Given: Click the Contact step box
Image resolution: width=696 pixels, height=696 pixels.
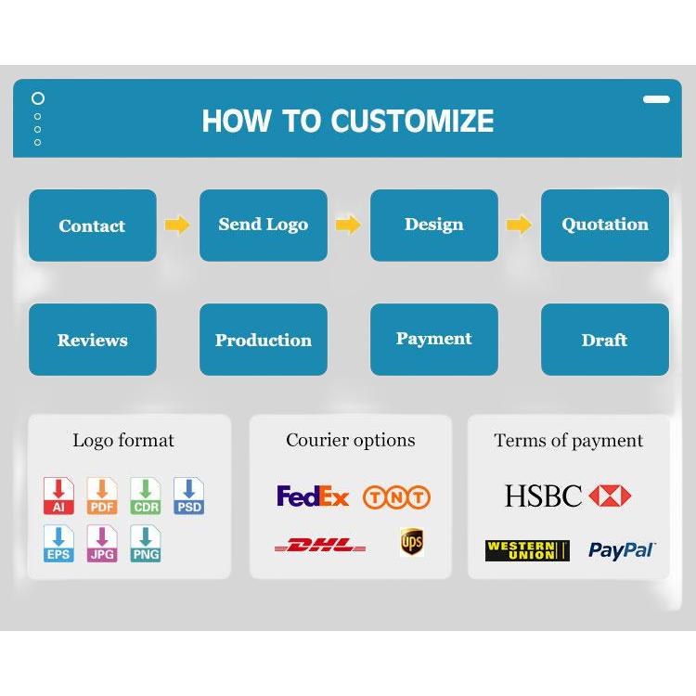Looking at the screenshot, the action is tap(93, 226).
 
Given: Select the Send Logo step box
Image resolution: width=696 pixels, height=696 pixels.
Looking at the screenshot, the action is tap(264, 226).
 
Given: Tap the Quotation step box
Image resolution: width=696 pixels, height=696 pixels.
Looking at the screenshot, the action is tap(605, 226).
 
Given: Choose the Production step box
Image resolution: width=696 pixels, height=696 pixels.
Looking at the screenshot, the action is tap(264, 340).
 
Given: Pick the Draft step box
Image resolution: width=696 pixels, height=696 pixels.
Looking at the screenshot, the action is tap(605, 340).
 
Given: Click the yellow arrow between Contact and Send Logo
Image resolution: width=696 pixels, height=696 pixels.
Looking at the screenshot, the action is tap(177, 226).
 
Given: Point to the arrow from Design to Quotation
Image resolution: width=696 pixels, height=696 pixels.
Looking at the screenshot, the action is tap(519, 226).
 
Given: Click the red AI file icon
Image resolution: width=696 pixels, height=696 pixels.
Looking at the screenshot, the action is tap(58, 496).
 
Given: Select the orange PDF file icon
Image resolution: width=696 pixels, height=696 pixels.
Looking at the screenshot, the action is tap(102, 496).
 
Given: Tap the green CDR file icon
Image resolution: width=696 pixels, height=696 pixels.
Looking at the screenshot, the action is tap(146, 496).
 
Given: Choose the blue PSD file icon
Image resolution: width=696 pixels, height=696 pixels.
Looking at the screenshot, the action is tap(189, 496).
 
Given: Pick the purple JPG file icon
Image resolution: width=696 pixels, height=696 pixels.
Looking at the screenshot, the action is tap(102, 544).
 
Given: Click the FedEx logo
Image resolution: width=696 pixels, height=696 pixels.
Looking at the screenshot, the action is tap(313, 496).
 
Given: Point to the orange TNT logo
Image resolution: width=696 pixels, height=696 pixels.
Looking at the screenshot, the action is tap(396, 496).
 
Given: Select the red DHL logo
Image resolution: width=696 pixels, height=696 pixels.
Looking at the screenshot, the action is tap(320, 545).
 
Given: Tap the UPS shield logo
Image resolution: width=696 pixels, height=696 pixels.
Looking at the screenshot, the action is tap(412, 542).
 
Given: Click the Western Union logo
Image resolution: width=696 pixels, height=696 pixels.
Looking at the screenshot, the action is tap(527, 550).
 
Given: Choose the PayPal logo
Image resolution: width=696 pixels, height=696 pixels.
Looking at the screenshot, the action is tap(622, 550).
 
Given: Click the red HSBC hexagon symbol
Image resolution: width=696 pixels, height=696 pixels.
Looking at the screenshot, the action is tap(610, 496).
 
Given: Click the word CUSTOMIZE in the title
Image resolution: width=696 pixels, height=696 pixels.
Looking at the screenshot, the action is tap(412, 121).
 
